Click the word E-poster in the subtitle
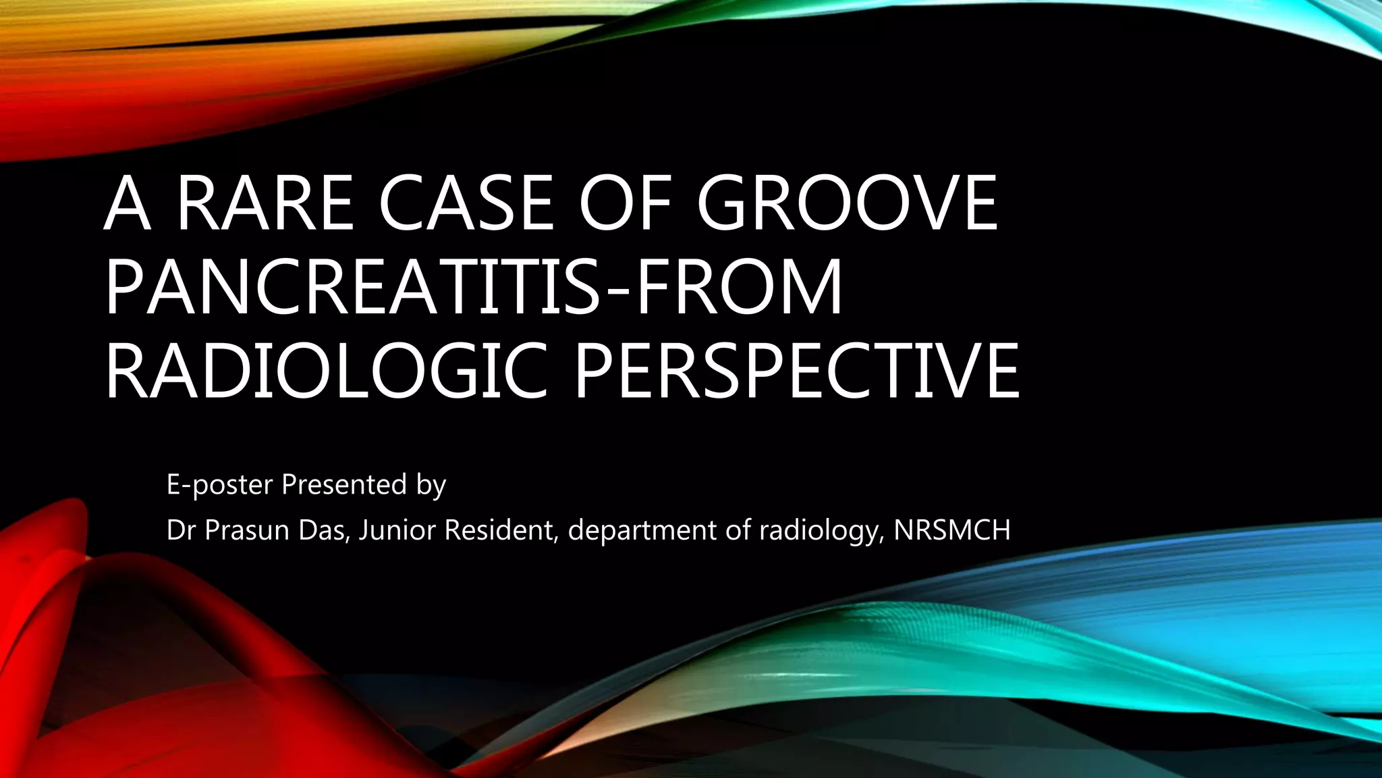tap(219, 485)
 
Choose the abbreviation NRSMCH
tap(952, 531)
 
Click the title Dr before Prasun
tap(181, 531)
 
